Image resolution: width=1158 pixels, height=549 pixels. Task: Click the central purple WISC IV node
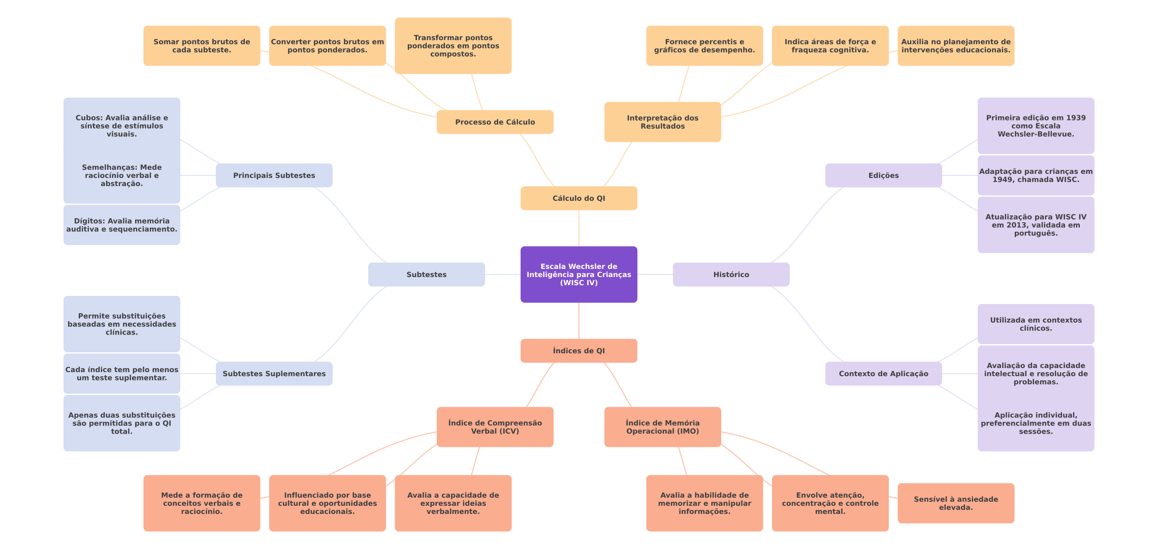[x=578, y=274]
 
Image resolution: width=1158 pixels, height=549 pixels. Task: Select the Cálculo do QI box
[x=578, y=198]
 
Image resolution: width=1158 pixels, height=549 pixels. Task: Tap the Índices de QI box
[x=578, y=351]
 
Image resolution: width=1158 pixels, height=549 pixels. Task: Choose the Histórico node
[x=731, y=274]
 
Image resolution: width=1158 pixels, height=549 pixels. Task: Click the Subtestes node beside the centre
[x=426, y=274]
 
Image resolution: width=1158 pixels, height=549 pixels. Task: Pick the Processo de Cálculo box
[x=495, y=122]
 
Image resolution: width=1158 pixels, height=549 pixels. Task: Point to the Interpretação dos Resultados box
[x=662, y=122]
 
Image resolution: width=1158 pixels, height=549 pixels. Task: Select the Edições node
[x=883, y=175]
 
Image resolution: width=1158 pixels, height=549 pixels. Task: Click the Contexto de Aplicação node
[x=883, y=374]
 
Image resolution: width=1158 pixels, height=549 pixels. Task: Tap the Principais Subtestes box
[x=274, y=175]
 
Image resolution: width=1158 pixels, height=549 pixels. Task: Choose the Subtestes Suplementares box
[x=274, y=374]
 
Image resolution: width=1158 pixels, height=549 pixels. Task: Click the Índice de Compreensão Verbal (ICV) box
[x=495, y=427]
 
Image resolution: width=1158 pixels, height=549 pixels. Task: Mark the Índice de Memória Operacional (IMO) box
[x=662, y=427]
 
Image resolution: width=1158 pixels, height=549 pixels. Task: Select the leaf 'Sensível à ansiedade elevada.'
[x=956, y=503]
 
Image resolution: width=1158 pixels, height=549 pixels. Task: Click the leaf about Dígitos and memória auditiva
[x=121, y=225]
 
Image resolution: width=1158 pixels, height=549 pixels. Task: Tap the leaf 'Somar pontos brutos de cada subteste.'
[x=202, y=46]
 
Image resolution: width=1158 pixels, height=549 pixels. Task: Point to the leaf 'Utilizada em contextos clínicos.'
[x=1036, y=324]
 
